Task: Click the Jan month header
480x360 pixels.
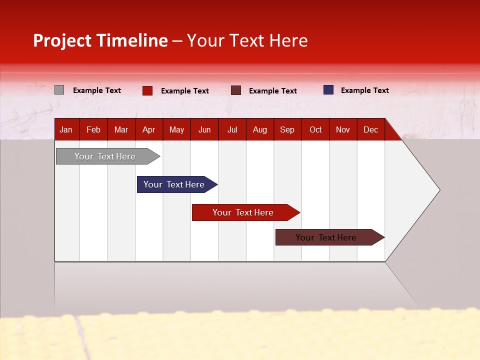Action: [x=66, y=130]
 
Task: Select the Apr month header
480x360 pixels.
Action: [x=148, y=130]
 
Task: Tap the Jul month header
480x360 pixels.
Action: [x=232, y=130]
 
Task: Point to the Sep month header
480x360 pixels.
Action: [x=287, y=130]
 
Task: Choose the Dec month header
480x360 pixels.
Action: [x=370, y=130]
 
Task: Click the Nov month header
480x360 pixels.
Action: [x=342, y=130]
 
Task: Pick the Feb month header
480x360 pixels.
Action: [x=93, y=130]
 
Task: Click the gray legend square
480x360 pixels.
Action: [x=59, y=90]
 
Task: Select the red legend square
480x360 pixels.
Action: [x=147, y=90]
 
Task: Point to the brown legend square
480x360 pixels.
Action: [x=236, y=90]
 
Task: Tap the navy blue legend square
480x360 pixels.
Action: [x=328, y=90]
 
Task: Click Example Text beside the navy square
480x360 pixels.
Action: [x=364, y=90]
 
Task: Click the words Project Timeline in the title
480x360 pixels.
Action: [x=100, y=40]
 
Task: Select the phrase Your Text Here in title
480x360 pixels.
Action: [x=247, y=40]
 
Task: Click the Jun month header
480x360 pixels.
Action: [x=204, y=130]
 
